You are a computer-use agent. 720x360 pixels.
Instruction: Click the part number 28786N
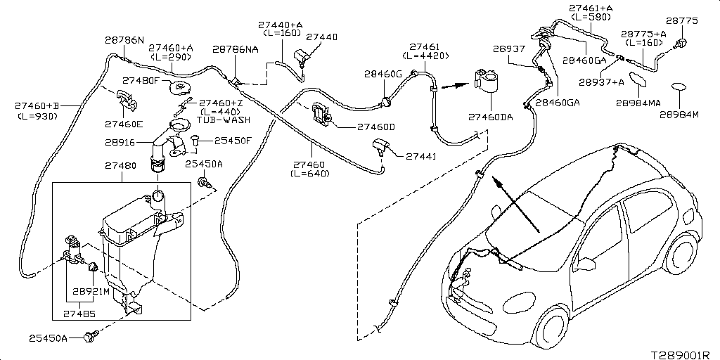[124, 40]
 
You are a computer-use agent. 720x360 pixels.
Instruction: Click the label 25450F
[233, 141]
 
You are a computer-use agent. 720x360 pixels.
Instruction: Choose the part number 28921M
[92, 290]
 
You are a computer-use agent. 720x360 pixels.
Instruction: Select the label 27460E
[124, 124]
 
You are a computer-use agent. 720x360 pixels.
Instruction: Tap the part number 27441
[421, 156]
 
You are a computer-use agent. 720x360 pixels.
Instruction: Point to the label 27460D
[376, 127]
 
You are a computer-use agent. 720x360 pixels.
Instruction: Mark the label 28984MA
[638, 103]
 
